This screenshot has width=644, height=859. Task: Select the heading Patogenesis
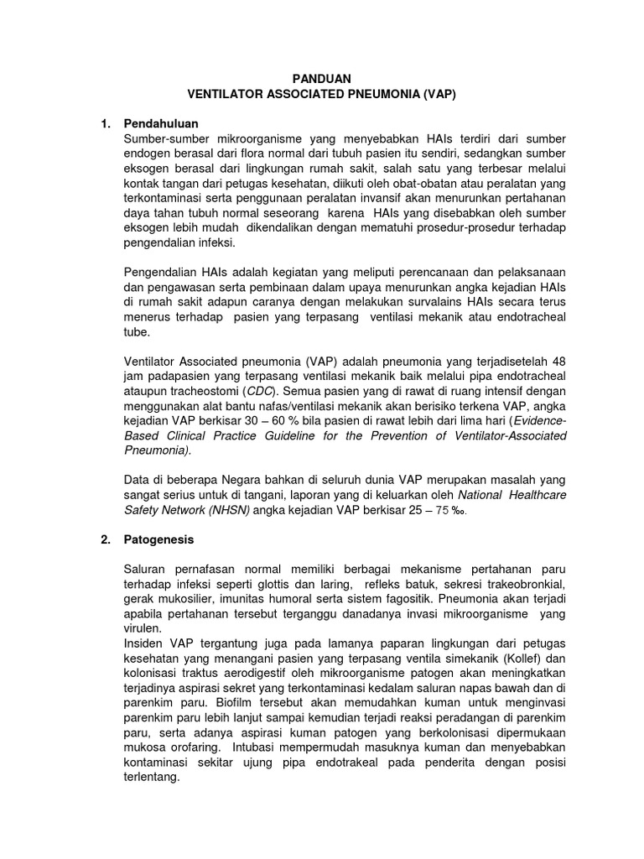pos(158,539)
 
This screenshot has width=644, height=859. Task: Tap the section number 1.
pos(106,123)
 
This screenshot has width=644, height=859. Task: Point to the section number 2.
pos(106,539)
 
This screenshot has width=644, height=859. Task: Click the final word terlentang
pos(151,777)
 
